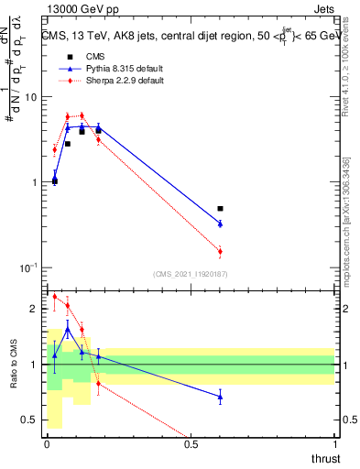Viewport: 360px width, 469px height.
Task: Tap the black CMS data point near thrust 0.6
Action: click(x=220, y=209)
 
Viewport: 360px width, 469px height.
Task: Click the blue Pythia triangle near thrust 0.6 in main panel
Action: click(x=220, y=224)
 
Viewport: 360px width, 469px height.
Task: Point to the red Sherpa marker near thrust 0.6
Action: click(x=220, y=251)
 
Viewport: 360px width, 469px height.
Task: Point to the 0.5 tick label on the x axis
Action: click(x=191, y=444)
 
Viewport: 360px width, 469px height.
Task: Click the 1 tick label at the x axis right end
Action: click(x=334, y=444)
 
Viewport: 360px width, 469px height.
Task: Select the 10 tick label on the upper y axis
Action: click(x=32, y=97)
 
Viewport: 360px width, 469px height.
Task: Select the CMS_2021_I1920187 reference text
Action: click(x=191, y=273)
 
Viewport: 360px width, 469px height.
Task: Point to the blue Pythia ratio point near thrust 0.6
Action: click(x=220, y=397)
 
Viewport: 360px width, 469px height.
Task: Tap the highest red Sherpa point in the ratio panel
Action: click(x=54, y=296)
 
